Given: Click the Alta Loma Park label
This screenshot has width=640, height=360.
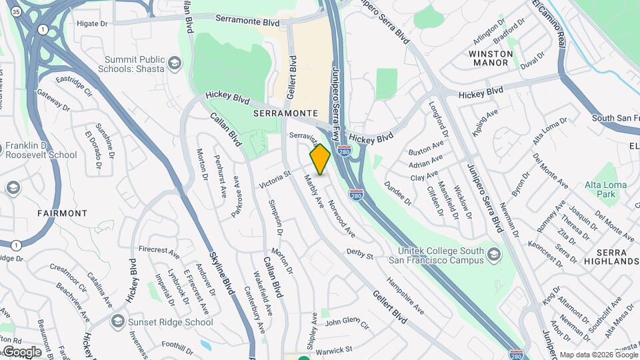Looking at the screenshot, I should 605,189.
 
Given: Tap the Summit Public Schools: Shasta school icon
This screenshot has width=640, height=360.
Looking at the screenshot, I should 175,63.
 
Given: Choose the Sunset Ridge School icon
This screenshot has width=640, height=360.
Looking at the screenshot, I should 118,322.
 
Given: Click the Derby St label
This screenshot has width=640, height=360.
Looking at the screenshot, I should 359,254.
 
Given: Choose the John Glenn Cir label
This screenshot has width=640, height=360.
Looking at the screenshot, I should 347,323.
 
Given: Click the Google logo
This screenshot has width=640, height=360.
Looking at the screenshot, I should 22,351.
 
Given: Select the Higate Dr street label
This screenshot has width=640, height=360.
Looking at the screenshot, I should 93,23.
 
